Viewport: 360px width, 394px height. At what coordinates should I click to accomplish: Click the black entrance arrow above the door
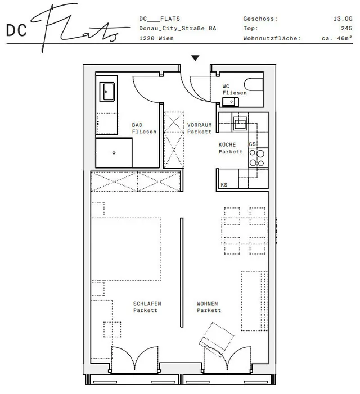[x=195, y=58]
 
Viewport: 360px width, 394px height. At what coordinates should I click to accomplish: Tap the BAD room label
[x=137, y=125]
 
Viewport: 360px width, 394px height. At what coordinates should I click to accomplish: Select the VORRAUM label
[x=199, y=125]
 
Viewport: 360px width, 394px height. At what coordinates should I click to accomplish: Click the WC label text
[x=226, y=86]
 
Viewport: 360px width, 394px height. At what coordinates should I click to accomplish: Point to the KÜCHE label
[x=227, y=145]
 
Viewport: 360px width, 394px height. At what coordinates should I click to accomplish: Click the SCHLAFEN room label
[x=147, y=304]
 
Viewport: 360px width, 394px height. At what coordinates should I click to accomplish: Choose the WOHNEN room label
[x=207, y=304]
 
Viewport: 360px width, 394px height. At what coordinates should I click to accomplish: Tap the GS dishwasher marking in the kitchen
[x=252, y=144]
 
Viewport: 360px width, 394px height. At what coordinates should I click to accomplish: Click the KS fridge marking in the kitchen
[x=224, y=185]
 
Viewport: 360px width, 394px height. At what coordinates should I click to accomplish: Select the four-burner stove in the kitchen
[x=258, y=158]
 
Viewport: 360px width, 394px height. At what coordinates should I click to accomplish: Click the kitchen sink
[x=238, y=123]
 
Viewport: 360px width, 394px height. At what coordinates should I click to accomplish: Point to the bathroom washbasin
[x=107, y=92]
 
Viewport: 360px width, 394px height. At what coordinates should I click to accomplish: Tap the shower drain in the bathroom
[x=114, y=153]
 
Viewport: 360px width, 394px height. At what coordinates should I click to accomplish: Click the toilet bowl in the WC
[x=254, y=85]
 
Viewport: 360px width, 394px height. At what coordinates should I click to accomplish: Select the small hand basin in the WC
[x=231, y=102]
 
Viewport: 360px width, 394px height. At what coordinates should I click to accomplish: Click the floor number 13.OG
[x=343, y=19]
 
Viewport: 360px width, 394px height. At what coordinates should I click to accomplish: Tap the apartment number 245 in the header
[x=346, y=28]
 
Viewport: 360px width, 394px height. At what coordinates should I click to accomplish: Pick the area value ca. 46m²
[x=337, y=38]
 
